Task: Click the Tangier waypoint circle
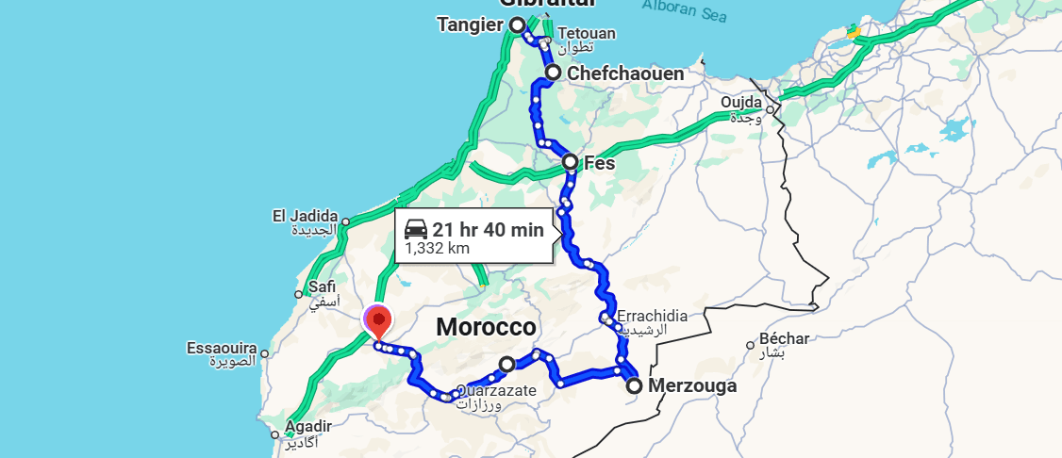pos(517,25)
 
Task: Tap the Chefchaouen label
pos(626,74)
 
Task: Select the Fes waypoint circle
pos(571,162)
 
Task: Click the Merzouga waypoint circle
pos(634,384)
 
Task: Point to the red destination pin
pos(378,320)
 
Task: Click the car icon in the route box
pos(416,228)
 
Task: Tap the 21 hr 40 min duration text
pos(488,229)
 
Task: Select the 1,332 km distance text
pos(437,249)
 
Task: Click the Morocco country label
pos(486,328)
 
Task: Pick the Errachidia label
pos(653,316)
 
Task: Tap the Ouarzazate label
pos(497,390)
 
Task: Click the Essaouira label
pos(222,349)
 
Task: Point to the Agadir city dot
pos(274,434)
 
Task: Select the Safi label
pos(322,287)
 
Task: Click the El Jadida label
pos(306,217)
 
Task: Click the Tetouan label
pos(586,34)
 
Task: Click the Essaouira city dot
pos(265,355)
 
